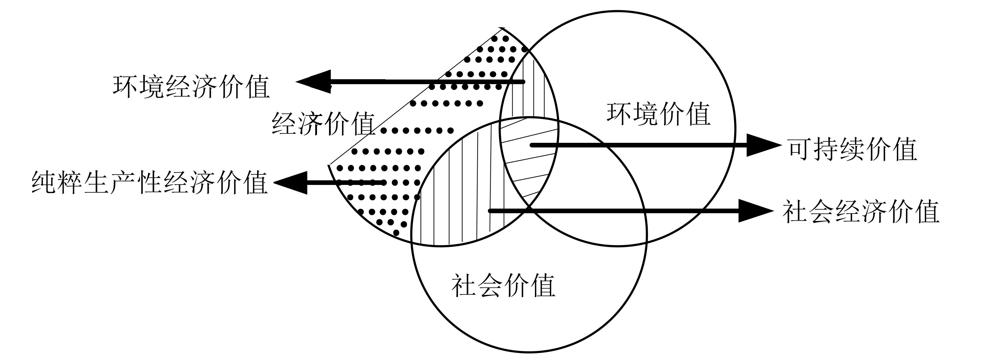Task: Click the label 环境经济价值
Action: (x=191, y=86)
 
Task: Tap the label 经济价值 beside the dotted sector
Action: (x=323, y=123)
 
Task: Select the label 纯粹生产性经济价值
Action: (x=150, y=182)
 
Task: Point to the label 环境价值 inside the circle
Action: (x=658, y=114)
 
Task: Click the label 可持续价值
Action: (x=853, y=149)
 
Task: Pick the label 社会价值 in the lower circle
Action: (x=503, y=286)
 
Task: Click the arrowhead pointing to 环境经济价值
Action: (x=313, y=82)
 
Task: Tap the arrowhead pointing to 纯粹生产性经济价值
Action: (x=290, y=182)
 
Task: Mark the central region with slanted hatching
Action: (x=528, y=163)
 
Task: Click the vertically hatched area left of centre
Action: (x=460, y=194)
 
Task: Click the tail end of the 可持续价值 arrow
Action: (x=532, y=145)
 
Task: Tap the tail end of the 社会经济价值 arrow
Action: (x=490, y=211)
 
